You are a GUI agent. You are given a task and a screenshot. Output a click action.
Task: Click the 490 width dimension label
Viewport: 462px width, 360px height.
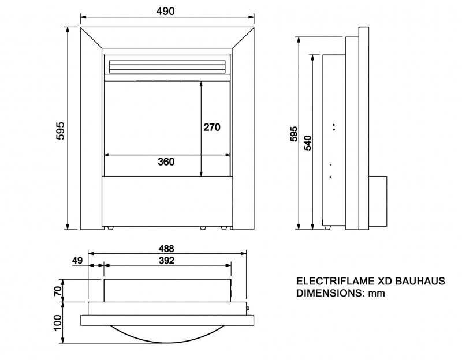point(165,11)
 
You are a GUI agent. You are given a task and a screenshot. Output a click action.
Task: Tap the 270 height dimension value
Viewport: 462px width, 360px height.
point(212,127)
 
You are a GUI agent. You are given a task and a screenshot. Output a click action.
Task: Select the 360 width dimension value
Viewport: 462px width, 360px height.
point(166,162)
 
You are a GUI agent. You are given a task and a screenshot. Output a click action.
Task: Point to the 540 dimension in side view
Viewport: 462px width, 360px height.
point(308,142)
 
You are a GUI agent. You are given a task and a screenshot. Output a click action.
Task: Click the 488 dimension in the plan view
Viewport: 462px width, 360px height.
point(166,249)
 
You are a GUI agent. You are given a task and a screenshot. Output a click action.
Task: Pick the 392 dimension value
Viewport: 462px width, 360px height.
point(166,261)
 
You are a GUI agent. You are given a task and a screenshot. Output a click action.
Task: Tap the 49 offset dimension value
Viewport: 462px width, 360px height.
point(77,261)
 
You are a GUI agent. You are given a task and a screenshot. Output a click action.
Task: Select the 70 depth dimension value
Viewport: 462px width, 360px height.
point(58,291)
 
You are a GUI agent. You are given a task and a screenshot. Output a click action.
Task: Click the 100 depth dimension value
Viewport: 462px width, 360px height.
point(58,322)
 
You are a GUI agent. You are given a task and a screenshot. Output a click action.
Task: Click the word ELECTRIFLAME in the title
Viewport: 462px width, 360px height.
point(336,281)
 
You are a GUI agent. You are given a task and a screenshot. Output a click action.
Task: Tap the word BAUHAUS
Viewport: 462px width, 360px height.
point(420,281)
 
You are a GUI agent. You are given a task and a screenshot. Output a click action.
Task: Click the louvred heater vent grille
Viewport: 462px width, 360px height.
point(167,66)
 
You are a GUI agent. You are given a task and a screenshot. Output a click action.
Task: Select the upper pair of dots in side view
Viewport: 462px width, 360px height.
point(334,127)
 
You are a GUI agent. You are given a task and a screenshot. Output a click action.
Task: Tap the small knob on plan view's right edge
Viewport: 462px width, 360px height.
point(248,308)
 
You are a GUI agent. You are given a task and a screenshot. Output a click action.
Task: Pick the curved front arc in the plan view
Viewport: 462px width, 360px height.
point(167,342)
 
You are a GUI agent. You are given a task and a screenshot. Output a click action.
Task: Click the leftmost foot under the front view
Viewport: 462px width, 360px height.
point(110,228)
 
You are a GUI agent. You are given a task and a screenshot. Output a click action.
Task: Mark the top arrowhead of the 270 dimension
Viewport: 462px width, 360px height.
point(201,84)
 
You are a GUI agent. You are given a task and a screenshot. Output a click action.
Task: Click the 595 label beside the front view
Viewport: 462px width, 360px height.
point(60,130)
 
